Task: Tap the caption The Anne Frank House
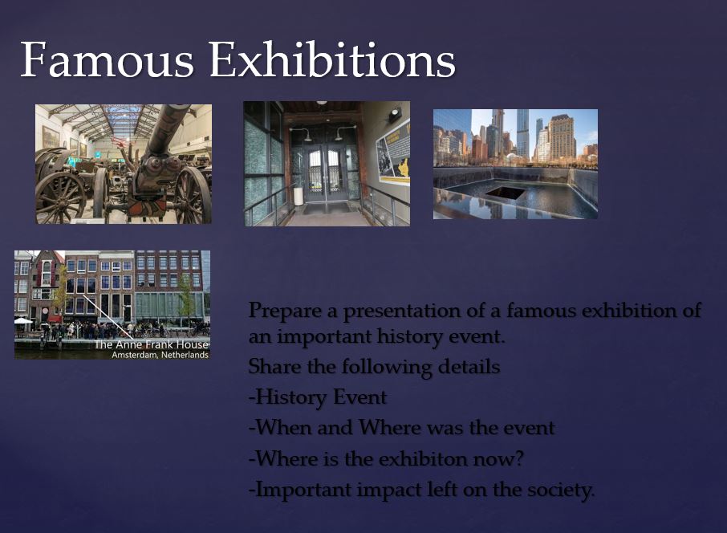tap(151, 344)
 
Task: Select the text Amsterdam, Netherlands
tap(160, 355)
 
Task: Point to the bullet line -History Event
tap(318, 397)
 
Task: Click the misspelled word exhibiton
tap(423, 459)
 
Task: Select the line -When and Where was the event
tap(401, 428)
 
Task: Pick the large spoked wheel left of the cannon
tap(59, 198)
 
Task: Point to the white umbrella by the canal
tap(22, 320)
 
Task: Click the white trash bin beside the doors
tap(299, 196)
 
